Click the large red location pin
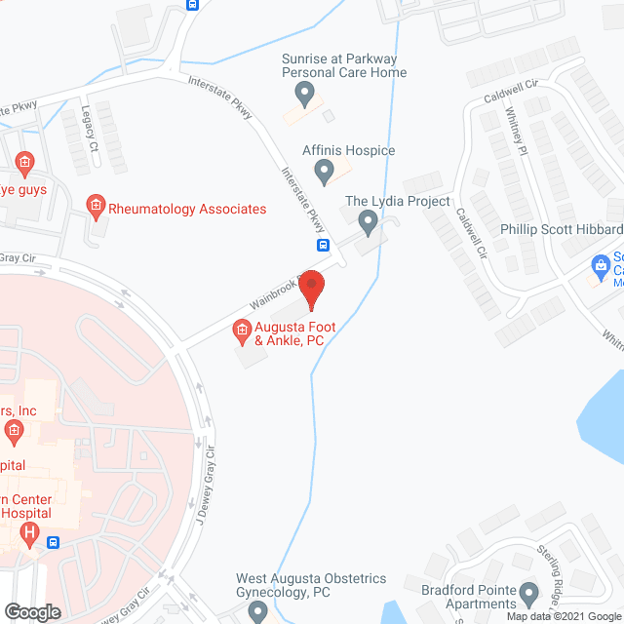point(311,288)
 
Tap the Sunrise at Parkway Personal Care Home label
point(343,65)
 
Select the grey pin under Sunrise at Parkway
point(304,95)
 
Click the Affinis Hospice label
point(347,150)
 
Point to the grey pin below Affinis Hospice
point(325,173)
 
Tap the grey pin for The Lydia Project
point(369,222)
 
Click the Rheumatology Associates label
point(187,209)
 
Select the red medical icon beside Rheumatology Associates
point(95,205)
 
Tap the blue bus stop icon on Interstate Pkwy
point(322,245)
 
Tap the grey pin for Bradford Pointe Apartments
point(529,592)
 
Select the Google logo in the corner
point(31,611)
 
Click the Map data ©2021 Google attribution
point(562,616)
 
